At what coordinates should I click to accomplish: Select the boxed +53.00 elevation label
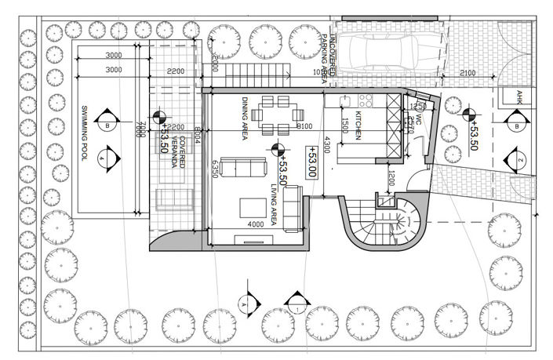point(311,163)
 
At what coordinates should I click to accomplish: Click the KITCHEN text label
point(358,125)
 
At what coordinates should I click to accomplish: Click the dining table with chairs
point(278,114)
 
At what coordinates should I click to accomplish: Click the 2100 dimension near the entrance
point(468,73)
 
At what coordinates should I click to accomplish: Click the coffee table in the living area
point(253,207)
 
